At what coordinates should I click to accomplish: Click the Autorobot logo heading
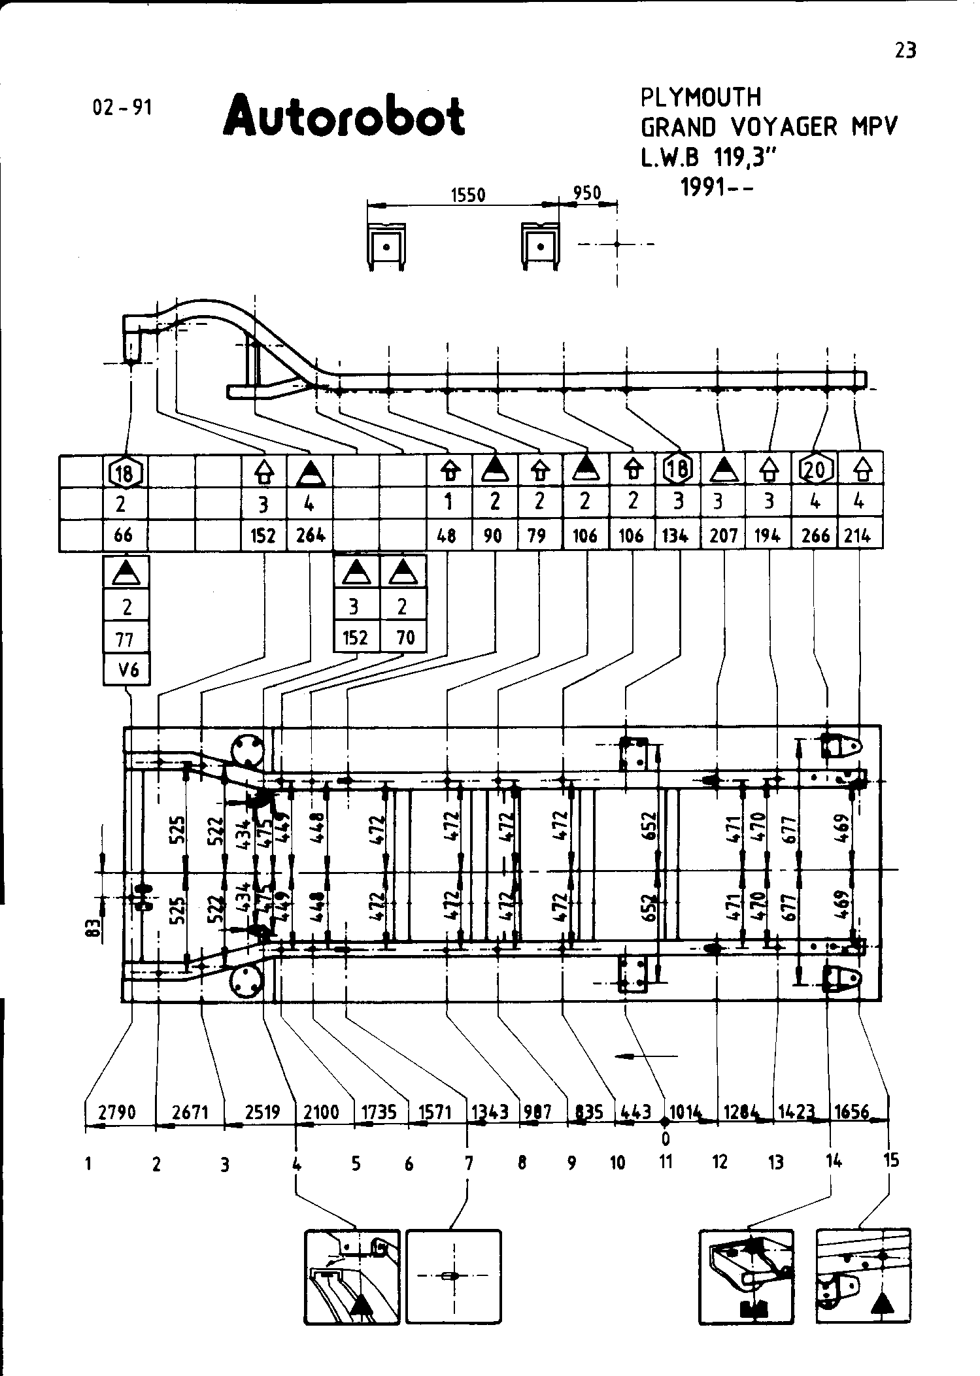[344, 116]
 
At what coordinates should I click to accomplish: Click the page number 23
[905, 50]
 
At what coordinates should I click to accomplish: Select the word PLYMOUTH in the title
[701, 97]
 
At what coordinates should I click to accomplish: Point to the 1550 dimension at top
[469, 195]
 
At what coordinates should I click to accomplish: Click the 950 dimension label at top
[586, 193]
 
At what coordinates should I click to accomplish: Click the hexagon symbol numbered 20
[815, 469]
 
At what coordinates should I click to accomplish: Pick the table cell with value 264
[310, 535]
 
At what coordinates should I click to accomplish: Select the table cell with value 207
[724, 535]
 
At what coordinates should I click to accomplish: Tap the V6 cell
[127, 669]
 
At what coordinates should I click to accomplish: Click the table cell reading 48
[448, 535]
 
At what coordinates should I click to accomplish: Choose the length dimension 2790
[117, 1112]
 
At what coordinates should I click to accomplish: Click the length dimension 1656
[852, 1112]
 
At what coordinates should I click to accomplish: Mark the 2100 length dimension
[322, 1112]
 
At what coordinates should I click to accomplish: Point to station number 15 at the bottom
[890, 1160]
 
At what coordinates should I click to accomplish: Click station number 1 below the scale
[88, 1164]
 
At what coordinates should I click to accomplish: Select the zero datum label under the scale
[666, 1139]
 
